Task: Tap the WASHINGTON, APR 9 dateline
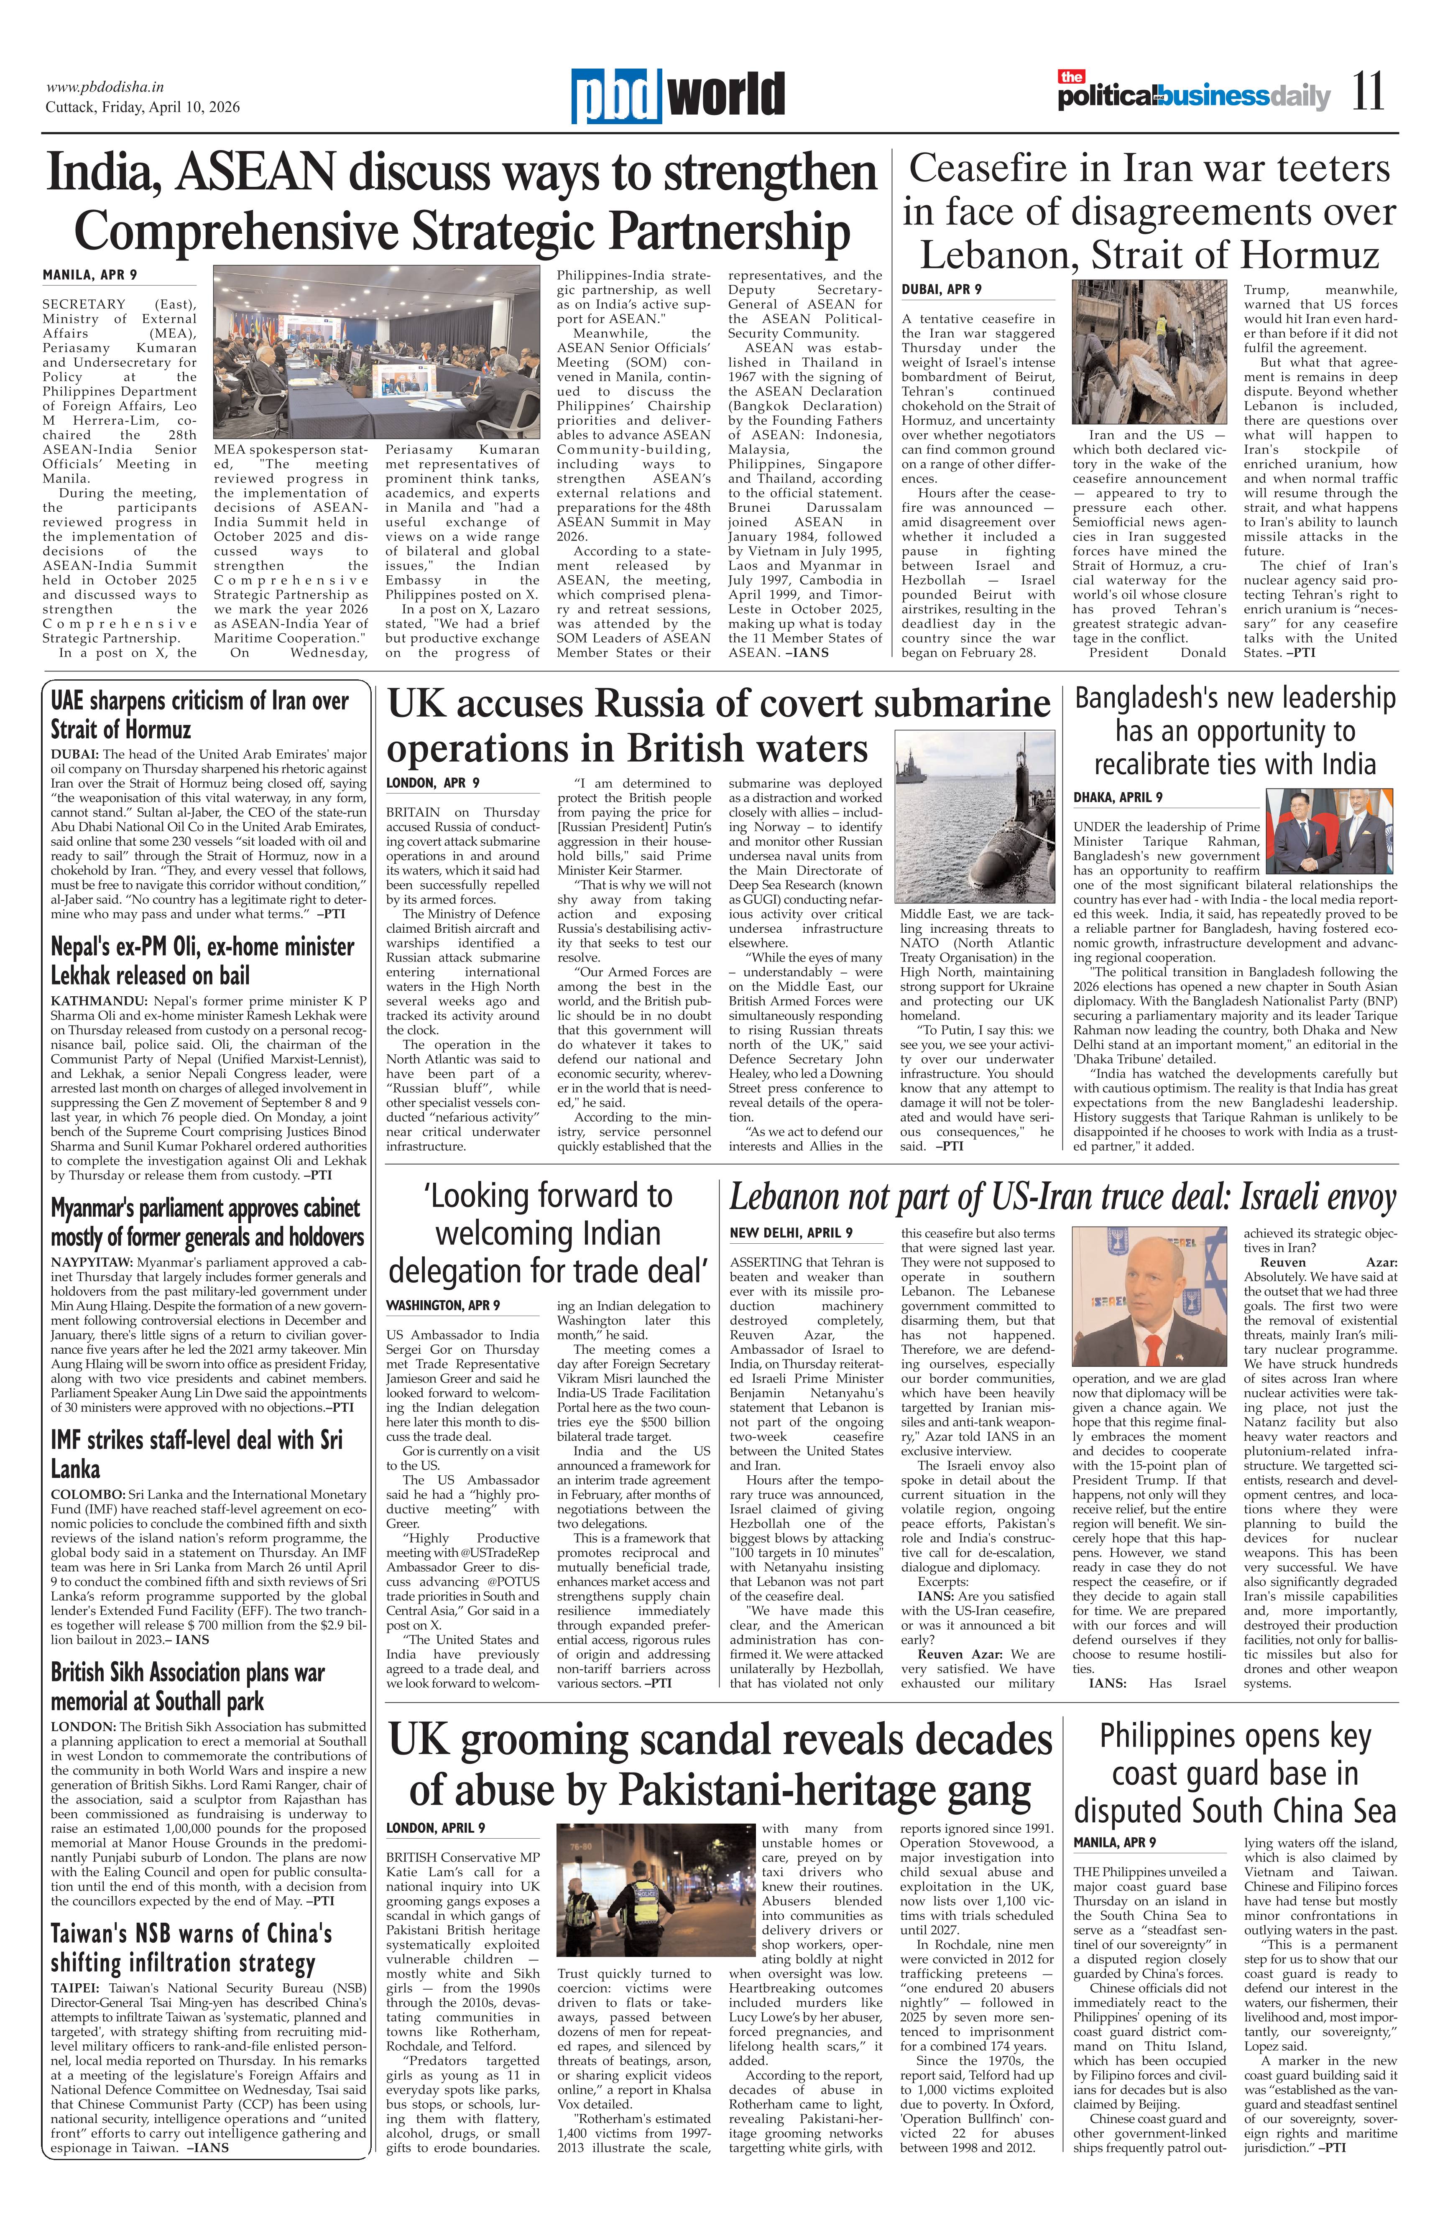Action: [443, 1304]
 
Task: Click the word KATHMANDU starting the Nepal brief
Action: [84, 1001]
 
